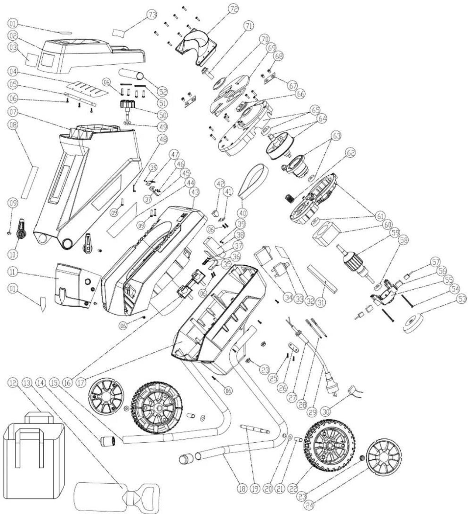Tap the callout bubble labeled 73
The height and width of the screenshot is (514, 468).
tap(152, 15)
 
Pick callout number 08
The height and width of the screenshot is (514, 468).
tap(13, 125)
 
